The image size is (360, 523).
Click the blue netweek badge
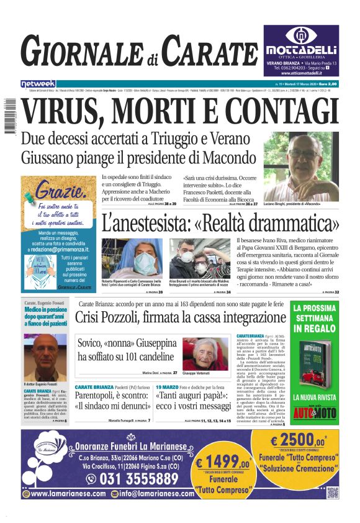(x=37, y=83)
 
